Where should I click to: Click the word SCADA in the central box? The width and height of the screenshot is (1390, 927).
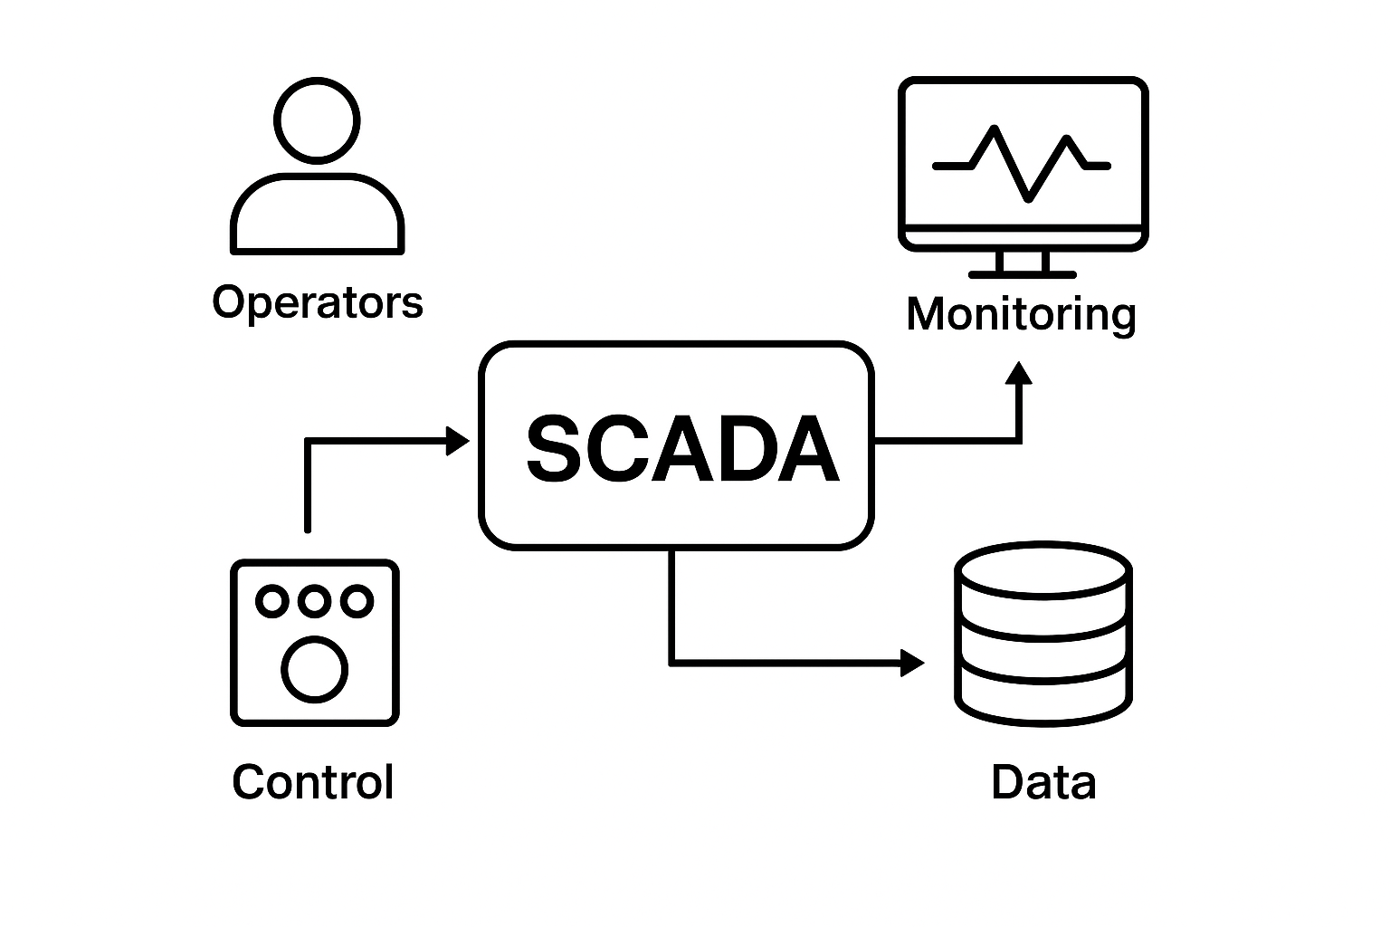681,449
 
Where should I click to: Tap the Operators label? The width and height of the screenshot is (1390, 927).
318,301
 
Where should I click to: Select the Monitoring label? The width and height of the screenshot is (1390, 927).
1021,314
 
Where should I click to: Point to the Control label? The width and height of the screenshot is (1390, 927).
313,781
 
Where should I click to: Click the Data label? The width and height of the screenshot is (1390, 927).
1043,781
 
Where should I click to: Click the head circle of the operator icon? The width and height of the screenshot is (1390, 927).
317,120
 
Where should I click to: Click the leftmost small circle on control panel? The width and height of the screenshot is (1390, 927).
271,600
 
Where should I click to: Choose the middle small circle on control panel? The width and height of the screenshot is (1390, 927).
314,600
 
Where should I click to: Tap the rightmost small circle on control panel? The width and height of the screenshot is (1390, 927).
357,600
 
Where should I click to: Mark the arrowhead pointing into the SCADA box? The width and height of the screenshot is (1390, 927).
459,441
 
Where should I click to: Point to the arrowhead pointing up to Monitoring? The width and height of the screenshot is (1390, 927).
1020,374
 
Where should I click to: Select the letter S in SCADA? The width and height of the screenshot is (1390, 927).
553,449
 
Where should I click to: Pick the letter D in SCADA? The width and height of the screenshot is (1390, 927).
744,449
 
